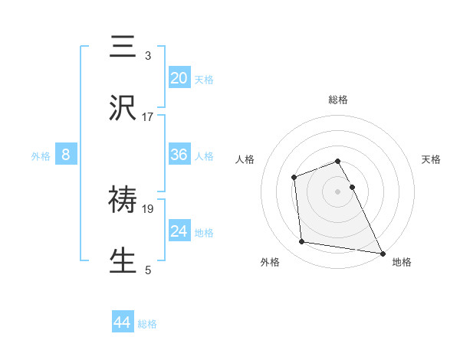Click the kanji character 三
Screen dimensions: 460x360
pyautogui.click(x=123, y=47)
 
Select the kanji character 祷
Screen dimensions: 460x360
pyautogui.click(x=123, y=199)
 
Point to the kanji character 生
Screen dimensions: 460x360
pyautogui.click(x=123, y=260)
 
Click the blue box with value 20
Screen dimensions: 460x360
pyautogui.click(x=179, y=77)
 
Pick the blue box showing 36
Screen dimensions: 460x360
pyautogui.click(x=179, y=155)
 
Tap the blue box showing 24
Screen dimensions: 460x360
pyautogui.click(x=179, y=231)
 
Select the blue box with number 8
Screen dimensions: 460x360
pyautogui.click(x=66, y=155)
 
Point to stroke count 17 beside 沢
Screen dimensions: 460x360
pyautogui.click(x=148, y=116)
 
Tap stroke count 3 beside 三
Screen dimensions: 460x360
pyautogui.click(x=148, y=56)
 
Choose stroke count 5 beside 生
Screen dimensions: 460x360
pyautogui.click(x=148, y=270)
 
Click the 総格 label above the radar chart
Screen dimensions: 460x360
pyautogui.click(x=338, y=100)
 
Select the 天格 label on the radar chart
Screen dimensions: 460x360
pyautogui.click(x=431, y=159)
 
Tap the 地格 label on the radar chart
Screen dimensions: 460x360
pyautogui.click(x=401, y=262)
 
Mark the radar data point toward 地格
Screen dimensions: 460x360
pyautogui.click(x=382, y=252)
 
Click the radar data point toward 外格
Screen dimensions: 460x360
pyautogui.click(x=302, y=242)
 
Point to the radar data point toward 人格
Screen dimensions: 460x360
pyautogui.click(x=294, y=178)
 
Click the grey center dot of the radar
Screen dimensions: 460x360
pyautogui.click(x=338, y=191)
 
